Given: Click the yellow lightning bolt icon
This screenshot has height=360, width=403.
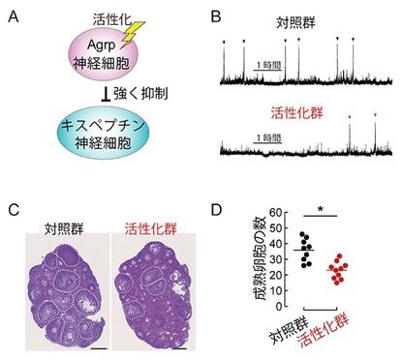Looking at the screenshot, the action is pos(134,34).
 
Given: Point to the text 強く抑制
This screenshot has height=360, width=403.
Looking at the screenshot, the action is pos(140,94).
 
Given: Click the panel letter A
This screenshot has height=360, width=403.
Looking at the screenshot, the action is pos(14,16).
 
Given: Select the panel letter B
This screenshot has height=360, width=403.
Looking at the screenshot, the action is pos(216,16).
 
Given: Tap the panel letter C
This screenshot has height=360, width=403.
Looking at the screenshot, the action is pos(14,210).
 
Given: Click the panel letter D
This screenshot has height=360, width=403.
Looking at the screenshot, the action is pos(216,210).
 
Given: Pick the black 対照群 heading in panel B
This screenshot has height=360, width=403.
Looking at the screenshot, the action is pos(295,22).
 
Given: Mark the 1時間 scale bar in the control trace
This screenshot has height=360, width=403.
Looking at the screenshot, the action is pos(267,70).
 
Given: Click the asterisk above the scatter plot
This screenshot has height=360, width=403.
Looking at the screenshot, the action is pos(321,210).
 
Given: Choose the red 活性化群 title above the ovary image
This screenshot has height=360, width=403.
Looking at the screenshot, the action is pos(151,229).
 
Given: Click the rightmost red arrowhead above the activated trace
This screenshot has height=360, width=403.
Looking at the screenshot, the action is pos(375,114).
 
